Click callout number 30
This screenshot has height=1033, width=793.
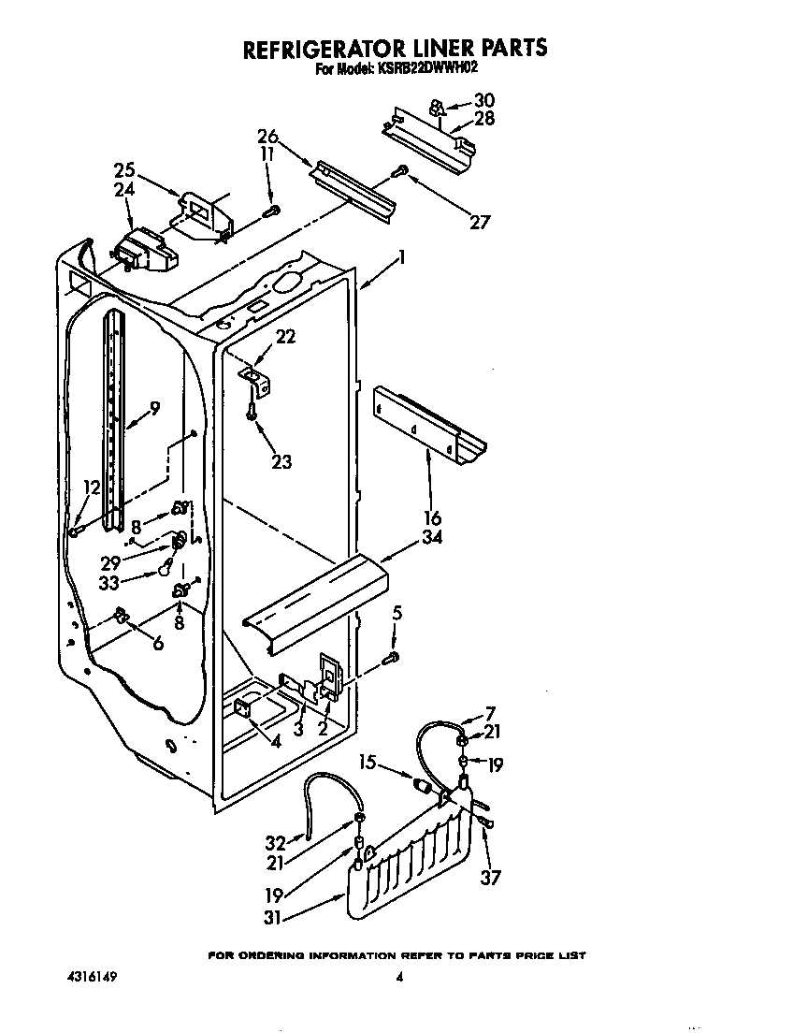[x=484, y=100]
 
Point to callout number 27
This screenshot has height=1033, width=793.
[x=479, y=222]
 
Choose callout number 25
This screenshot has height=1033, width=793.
[x=124, y=170]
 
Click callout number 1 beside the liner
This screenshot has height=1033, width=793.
[x=401, y=257]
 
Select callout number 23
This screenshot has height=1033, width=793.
[x=281, y=460]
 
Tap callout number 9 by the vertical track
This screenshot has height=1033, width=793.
[x=154, y=408]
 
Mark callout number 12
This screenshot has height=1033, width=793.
[x=91, y=487]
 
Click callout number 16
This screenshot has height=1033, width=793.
[x=432, y=517]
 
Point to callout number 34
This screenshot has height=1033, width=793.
[x=432, y=537]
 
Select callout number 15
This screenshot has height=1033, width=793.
[x=370, y=764]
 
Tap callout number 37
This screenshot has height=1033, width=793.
[x=490, y=877]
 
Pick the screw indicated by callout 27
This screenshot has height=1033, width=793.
[x=402, y=170]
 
